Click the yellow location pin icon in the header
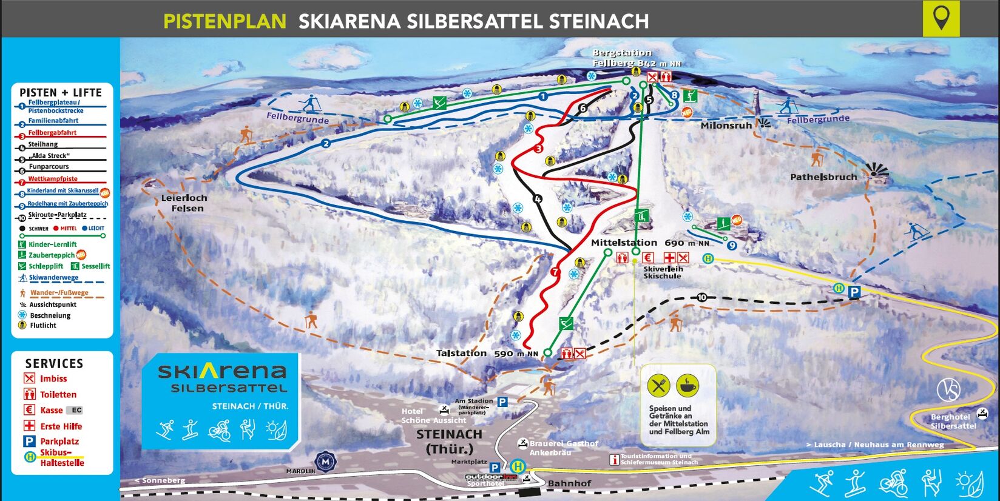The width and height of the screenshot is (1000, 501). [x=941, y=18]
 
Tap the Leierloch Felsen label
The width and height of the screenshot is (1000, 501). [x=184, y=203]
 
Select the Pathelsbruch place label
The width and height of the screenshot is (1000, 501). [x=823, y=177]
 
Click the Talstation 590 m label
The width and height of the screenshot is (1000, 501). [x=487, y=353]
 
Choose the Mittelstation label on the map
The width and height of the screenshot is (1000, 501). [x=624, y=243]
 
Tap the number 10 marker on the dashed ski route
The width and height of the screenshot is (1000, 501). [x=702, y=297]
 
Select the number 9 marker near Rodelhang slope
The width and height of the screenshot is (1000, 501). [x=732, y=246]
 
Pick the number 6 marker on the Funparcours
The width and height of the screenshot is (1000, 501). [x=583, y=109]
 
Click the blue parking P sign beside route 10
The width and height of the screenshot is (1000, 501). [x=854, y=292]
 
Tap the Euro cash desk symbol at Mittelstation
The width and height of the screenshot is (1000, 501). [x=647, y=258]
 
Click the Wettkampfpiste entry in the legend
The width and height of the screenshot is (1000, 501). [x=53, y=179]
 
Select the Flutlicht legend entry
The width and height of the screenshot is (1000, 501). [x=43, y=326]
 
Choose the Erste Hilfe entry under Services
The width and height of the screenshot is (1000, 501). [x=61, y=426]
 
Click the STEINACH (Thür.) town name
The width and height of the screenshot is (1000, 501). [x=449, y=442]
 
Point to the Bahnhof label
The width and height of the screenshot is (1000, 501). [x=569, y=483]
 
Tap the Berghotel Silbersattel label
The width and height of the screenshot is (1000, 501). [x=953, y=422]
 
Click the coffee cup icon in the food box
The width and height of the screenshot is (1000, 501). [x=687, y=386]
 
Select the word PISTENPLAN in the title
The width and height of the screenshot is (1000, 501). [x=225, y=22]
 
